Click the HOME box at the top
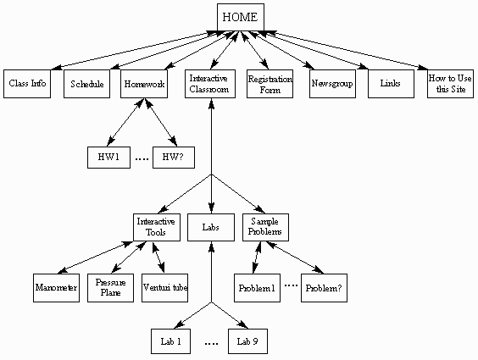(x=241, y=16)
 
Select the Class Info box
(x=27, y=85)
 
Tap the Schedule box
(x=87, y=85)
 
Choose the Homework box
(x=143, y=85)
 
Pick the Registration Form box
(x=269, y=84)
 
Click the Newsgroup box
(x=330, y=85)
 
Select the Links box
(x=390, y=85)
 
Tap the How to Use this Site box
(x=450, y=84)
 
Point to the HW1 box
(x=108, y=158)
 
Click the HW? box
(x=175, y=158)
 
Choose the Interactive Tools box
(x=157, y=227)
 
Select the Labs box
(x=210, y=227)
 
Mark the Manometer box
(x=57, y=288)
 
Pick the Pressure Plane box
(x=114, y=287)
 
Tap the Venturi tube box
(x=164, y=288)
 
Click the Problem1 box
(x=256, y=288)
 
